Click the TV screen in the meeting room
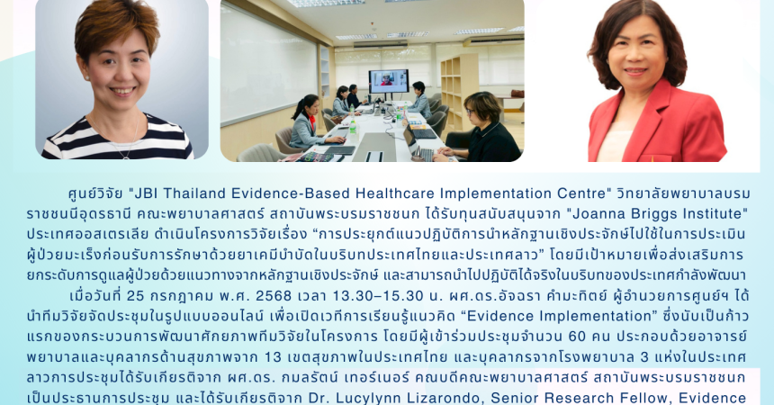click(x=389, y=82)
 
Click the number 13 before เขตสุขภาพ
click(x=274, y=356)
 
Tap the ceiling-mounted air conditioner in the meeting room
click(x=380, y=43)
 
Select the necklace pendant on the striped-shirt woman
click(x=127, y=155)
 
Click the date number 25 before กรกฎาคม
click(x=135, y=295)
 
